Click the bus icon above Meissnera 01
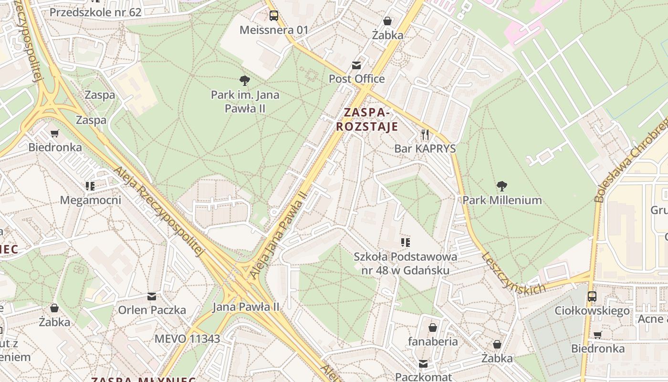pos(273,16)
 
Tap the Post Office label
pos(356,79)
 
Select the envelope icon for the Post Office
pos(356,65)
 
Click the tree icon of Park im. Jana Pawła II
pos(245,81)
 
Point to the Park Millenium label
pos(502,200)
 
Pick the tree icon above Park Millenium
pos(501,186)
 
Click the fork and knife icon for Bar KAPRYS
pos(425,135)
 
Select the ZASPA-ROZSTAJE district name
pos(367,119)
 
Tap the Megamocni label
pos(91,200)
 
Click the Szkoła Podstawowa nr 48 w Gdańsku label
pos(405,263)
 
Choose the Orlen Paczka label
pos(152,310)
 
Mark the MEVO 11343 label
pos(187,339)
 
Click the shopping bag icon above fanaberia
pos(433,328)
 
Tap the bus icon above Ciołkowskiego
pos(592,297)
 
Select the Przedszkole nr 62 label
pos(95,12)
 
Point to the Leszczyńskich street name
pos(513,273)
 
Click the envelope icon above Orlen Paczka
pos(152,297)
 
